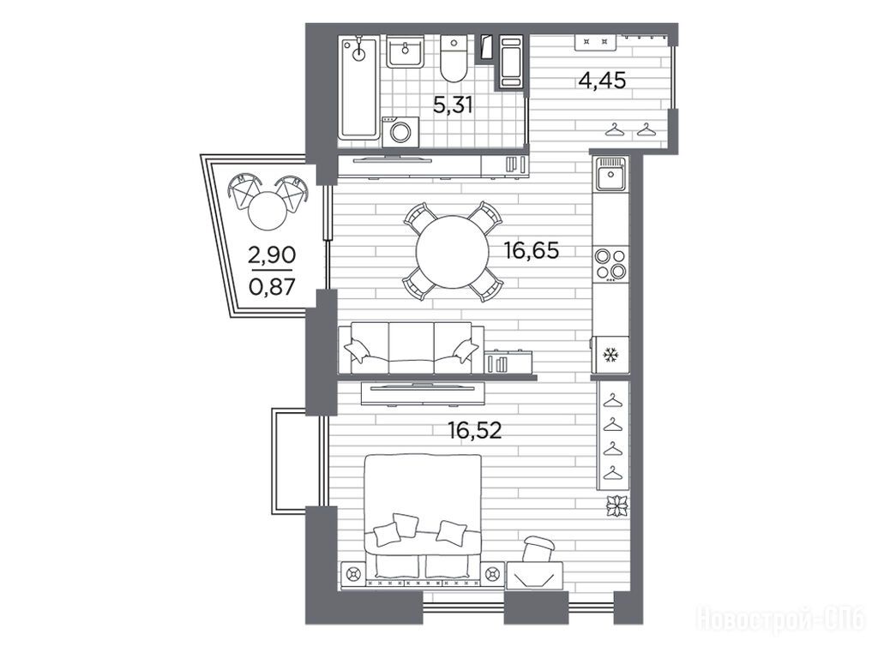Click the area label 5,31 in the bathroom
[x=454, y=105]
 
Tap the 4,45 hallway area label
[x=602, y=81]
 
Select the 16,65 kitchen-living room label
[x=532, y=251]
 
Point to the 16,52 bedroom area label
[x=474, y=430]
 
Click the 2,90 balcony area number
[x=272, y=255]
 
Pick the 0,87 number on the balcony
[x=272, y=287]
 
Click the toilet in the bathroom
[x=454, y=58]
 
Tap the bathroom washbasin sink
[x=405, y=51]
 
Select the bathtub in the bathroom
[x=358, y=87]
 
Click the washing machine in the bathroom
[x=400, y=132]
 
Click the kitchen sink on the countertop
[x=610, y=173]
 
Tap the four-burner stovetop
[x=610, y=264]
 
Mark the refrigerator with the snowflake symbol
[x=610, y=355]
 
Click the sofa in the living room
[x=411, y=348]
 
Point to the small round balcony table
[x=267, y=211]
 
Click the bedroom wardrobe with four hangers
[x=613, y=435]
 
